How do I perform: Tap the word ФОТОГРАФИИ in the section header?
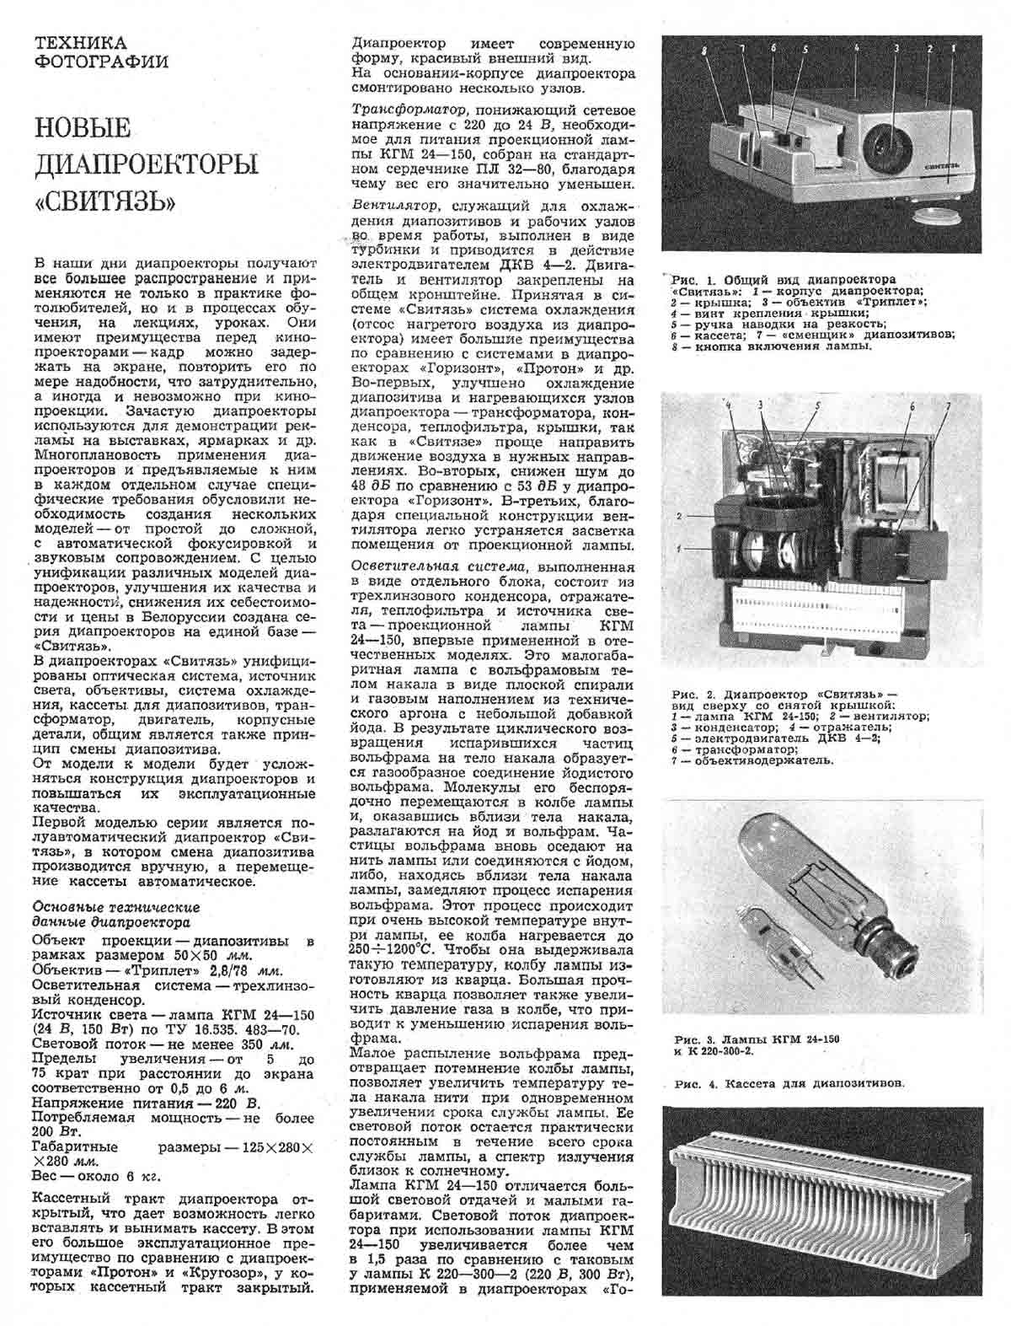tap(99, 62)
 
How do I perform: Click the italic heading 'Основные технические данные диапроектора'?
tap(115, 915)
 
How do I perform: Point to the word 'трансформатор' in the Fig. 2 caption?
tap(730, 749)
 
